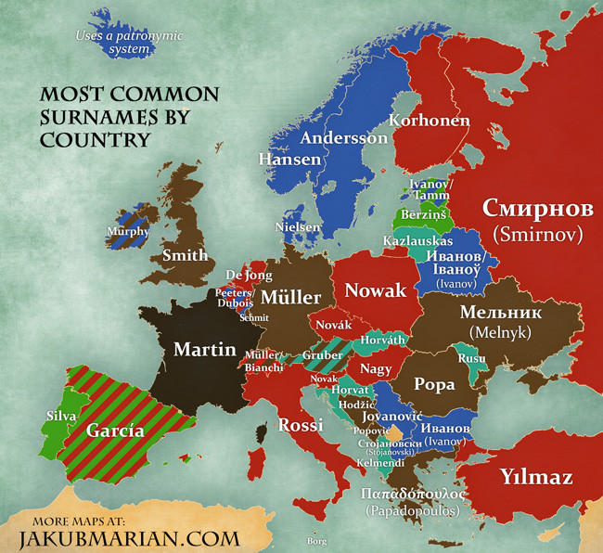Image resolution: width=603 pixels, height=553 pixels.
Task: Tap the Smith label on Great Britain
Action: click(x=185, y=255)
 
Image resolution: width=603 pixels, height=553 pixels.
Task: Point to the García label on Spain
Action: click(x=114, y=431)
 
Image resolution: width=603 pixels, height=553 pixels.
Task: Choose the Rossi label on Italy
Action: click(x=300, y=426)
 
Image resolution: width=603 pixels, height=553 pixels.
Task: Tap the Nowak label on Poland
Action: click(x=376, y=291)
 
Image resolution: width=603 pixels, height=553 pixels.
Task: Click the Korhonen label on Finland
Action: click(x=429, y=121)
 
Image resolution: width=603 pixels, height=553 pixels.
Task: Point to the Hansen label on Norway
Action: click(x=289, y=160)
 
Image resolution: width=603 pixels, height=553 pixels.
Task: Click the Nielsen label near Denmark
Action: click(x=298, y=226)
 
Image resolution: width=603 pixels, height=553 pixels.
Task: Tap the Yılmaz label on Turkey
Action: click(x=535, y=478)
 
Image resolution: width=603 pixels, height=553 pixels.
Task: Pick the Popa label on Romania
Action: click(x=433, y=384)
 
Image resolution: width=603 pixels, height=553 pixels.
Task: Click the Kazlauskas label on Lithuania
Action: click(x=411, y=240)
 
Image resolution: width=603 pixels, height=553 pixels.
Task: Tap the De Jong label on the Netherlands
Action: click(x=248, y=276)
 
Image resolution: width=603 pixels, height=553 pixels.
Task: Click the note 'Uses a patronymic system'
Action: click(x=129, y=43)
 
